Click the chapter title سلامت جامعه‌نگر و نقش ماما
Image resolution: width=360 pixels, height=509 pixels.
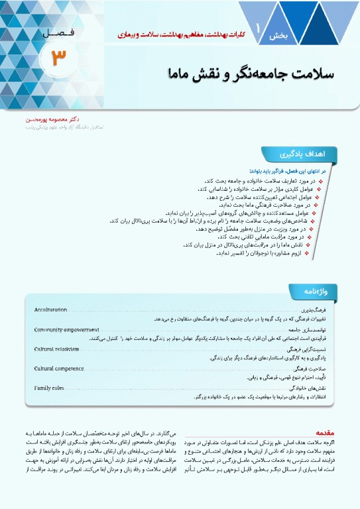click(x=258, y=74)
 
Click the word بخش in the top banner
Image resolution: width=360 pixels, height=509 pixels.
click(x=274, y=37)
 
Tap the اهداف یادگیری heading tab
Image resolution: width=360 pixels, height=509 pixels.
click(x=312, y=154)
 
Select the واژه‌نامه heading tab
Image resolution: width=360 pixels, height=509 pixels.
click(x=310, y=290)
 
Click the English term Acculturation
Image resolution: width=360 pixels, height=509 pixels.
click(x=51, y=310)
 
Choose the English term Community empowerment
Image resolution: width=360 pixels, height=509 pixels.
click(x=66, y=329)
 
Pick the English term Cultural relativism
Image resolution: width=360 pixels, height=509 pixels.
click(x=57, y=348)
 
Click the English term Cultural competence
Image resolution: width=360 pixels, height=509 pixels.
click(x=59, y=367)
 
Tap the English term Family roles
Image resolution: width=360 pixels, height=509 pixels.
click(x=49, y=386)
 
